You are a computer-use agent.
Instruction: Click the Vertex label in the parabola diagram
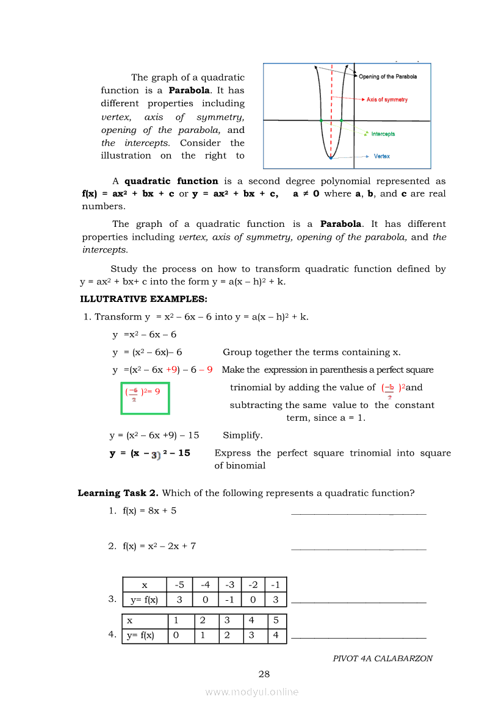(x=381, y=156)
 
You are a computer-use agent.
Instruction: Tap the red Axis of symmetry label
(x=387, y=99)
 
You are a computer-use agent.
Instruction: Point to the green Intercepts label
(x=383, y=134)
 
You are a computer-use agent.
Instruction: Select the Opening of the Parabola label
(x=387, y=77)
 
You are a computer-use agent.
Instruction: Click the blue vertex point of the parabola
(x=331, y=158)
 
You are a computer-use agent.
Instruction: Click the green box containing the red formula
(x=145, y=398)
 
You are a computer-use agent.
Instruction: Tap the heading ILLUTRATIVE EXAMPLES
(x=143, y=299)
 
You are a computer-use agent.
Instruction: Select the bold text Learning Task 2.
(x=118, y=493)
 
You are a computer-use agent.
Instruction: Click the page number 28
(x=264, y=674)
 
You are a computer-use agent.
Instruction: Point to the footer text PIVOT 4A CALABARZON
(x=383, y=659)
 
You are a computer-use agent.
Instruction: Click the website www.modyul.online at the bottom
(x=252, y=692)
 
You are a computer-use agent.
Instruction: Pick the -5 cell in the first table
(x=179, y=584)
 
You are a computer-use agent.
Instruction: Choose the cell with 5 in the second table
(x=276, y=621)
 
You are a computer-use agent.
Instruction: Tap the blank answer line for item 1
(x=359, y=514)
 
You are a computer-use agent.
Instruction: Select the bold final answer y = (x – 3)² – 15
(x=150, y=453)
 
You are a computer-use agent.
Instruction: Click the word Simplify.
(x=243, y=435)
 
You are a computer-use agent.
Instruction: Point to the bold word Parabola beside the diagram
(x=189, y=90)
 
